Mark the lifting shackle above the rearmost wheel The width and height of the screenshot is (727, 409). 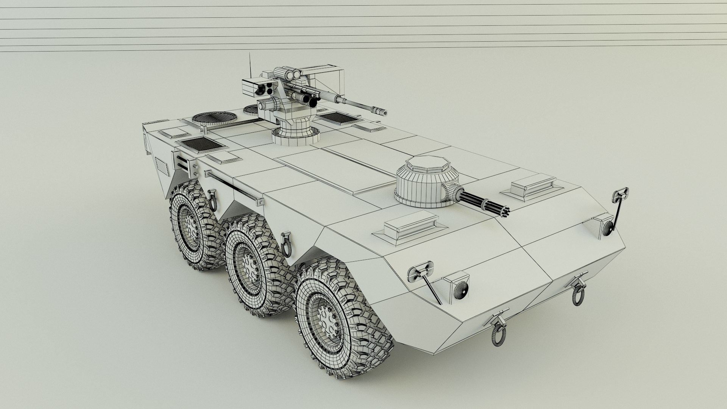(x=213, y=201)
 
